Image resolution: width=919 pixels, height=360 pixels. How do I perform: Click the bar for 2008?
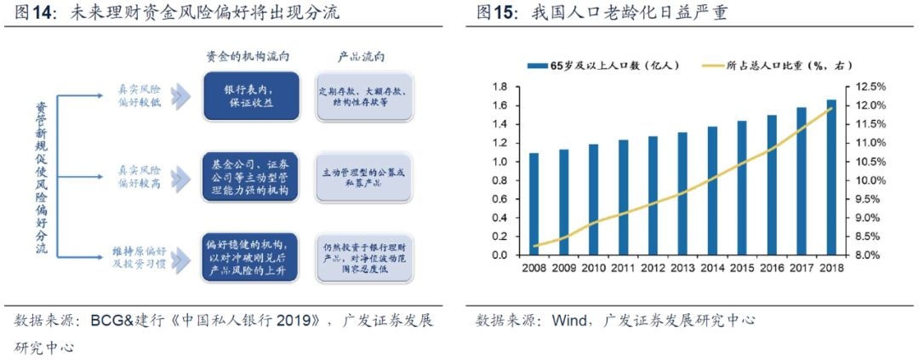(534, 203)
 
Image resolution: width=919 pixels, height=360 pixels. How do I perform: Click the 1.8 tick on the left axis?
(501, 87)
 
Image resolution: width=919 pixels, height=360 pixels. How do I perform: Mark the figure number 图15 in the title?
(495, 14)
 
